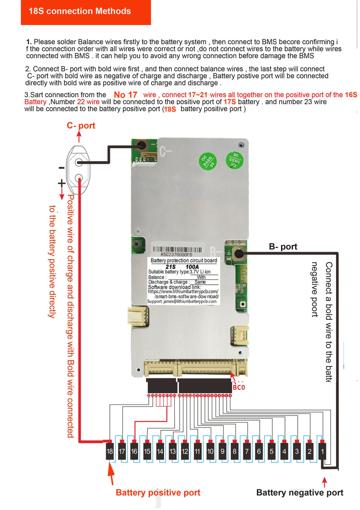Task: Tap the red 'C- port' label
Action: pos(81,126)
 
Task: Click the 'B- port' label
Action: pos(283,247)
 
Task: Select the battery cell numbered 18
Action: pos(110,451)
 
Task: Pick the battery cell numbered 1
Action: pos(322,451)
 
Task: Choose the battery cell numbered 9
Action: pos(222,451)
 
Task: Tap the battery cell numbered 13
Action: pos(172,451)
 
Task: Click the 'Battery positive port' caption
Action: pos(158,492)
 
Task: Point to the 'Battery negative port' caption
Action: pos(300,492)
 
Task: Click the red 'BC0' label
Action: pos(239,387)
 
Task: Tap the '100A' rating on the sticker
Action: pos(192,267)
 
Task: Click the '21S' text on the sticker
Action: pos(170,267)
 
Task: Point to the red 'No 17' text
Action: pos(126,95)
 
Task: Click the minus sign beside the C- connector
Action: pos(61,168)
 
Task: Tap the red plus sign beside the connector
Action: pos(61,183)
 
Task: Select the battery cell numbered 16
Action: pos(134,451)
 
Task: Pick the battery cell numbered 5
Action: pos(272,451)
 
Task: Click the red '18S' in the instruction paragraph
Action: pos(170,109)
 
